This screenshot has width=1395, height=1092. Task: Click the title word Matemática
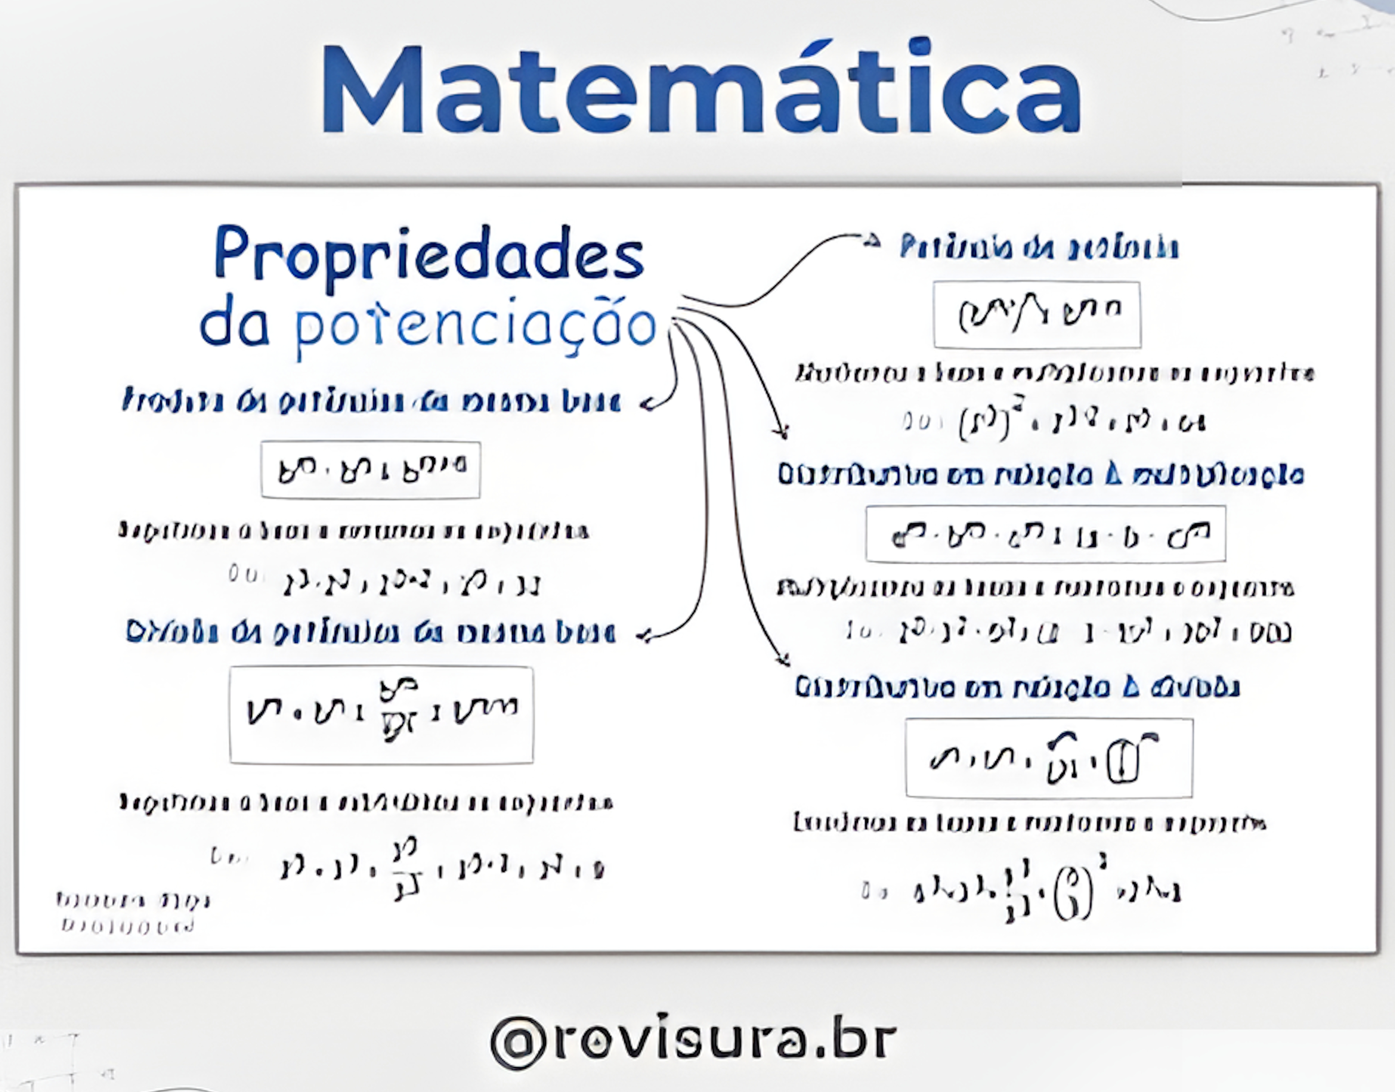tap(700, 90)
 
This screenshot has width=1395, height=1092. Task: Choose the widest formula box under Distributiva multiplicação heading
tap(1045, 534)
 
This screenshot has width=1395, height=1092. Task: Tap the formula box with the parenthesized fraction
tap(1049, 758)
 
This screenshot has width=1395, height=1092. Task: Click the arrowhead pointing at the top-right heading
tap(871, 240)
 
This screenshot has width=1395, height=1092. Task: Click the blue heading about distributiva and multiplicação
tap(1040, 475)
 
